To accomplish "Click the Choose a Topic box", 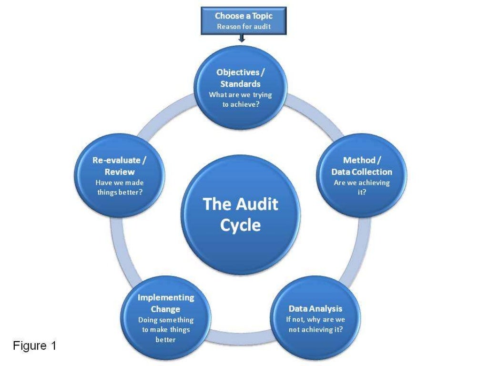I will tap(243, 21).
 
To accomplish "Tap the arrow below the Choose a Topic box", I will tap(242, 38).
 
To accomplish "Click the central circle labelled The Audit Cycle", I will tap(241, 214).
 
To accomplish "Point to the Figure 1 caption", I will tap(34, 346).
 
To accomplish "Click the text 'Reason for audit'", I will tap(243, 27).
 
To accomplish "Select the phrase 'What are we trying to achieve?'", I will tap(240, 99).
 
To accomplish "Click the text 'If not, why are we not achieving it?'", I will tap(315, 325).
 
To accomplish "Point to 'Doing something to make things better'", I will tap(166, 330).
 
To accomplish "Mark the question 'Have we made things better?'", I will tap(120, 187).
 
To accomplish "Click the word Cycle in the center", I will tap(241, 224).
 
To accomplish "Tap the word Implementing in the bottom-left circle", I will tap(166, 297).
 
